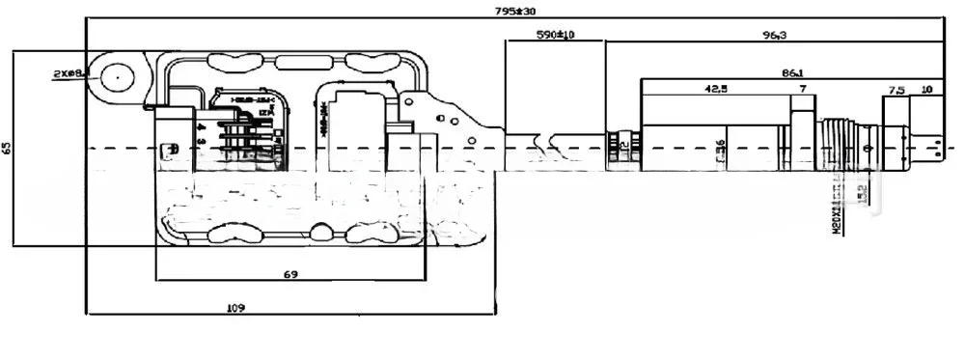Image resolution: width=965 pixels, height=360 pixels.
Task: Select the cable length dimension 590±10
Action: point(555,35)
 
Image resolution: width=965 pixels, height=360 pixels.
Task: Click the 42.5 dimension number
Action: point(715,89)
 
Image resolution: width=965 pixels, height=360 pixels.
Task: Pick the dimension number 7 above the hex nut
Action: point(801,89)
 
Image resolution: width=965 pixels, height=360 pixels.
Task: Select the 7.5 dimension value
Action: point(896,89)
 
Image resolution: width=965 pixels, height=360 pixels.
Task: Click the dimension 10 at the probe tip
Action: point(926,89)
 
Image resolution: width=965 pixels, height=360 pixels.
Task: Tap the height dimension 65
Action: point(8,148)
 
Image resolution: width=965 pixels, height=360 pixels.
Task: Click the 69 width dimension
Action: point(289,274)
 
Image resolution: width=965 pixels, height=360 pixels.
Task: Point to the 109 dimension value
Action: point(234,308)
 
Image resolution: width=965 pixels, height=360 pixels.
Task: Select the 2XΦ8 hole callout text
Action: point(71,71)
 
